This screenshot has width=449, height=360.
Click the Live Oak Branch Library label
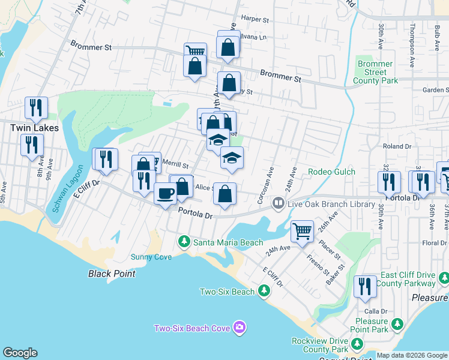coord(331,205)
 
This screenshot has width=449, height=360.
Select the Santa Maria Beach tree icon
coord(184,242)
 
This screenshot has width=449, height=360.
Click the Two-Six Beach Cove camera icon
coord(240,328)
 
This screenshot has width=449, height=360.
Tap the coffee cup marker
coord(165,194)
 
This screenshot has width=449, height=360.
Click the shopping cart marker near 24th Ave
coord(302,230)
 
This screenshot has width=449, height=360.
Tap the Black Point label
coord(112,274)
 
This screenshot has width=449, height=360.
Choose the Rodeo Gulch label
coord(331,172)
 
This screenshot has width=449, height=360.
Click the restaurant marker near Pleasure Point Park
coord(364,287)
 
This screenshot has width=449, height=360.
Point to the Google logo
coord(20,353)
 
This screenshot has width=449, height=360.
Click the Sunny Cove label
coord(151,257)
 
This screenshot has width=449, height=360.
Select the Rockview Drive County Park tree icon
coord(357,344)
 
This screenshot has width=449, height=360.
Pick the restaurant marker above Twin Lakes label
coord(36,107)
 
